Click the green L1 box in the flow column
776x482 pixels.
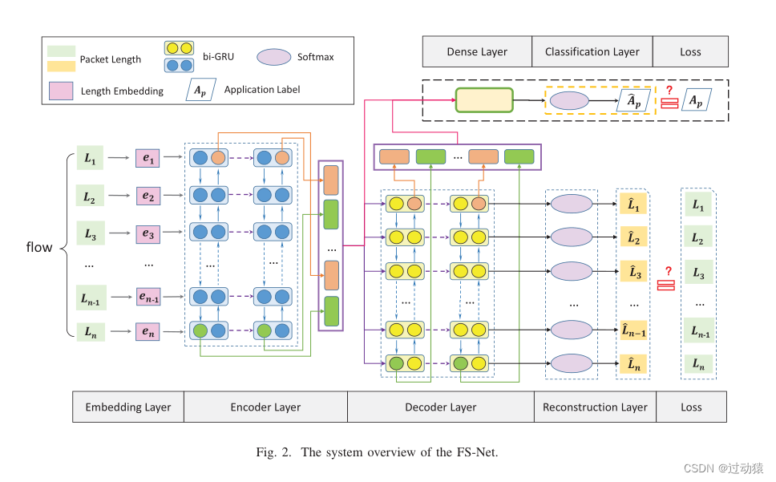click(x=89, y=158)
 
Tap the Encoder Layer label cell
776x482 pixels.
click(x=265, y=407)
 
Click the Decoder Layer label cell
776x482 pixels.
click(x=440, y=407)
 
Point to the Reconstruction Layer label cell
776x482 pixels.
click(x=595, y=407)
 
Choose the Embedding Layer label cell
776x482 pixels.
click(x=128, y=407)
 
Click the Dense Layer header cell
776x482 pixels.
click(x=477, y=51)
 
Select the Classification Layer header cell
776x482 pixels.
click(x=592, y=51)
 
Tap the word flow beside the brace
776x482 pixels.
click(x=39, y=246)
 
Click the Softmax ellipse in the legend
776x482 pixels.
click(x=274, y=56)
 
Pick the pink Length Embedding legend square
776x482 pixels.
click(x=62, y=90)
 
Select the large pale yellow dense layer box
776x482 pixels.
click(x=484, y=101)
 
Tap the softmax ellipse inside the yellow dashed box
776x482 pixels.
click(x=568, y=101)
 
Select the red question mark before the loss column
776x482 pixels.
click(x=667, y=271)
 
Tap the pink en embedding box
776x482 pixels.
click(x=148, y=330)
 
